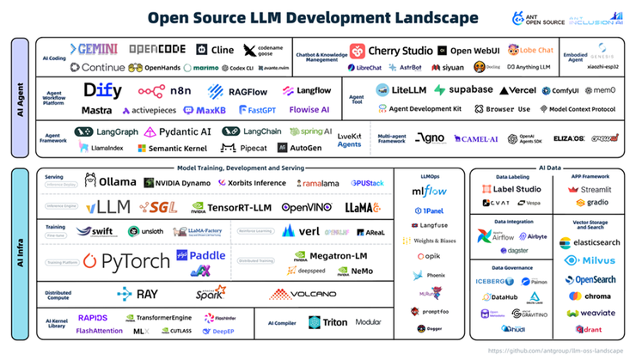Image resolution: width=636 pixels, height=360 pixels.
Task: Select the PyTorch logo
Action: [x=123, y=260]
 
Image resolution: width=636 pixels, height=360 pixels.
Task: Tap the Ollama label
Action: [x=110, y=181]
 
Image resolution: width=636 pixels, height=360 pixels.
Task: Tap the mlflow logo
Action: [x=429, y=192]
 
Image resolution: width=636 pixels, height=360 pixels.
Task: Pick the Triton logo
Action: [x=327, y=322]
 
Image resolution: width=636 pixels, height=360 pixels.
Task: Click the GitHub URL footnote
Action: [x=556, y=351]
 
